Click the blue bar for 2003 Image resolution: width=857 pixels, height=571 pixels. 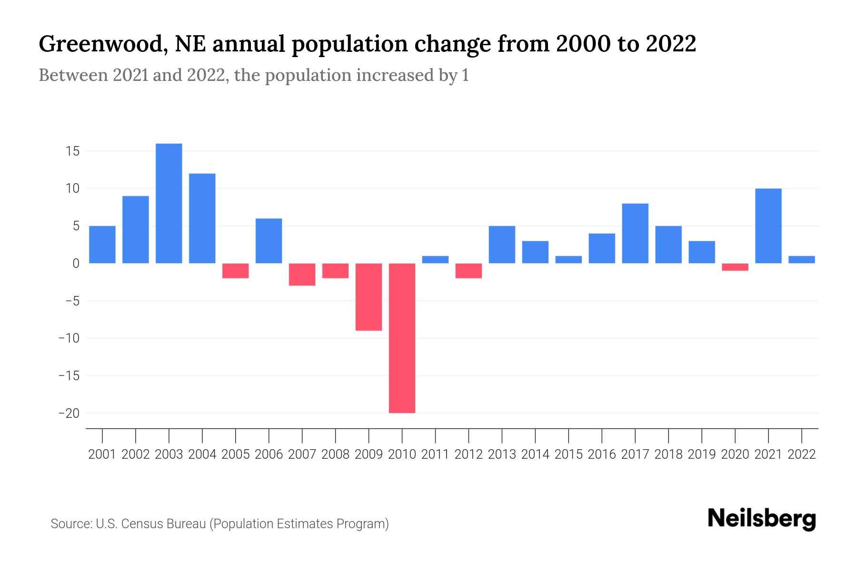pyautogui.click(x=169, y=203)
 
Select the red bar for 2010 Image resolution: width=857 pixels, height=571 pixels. pyautogui.click(x=402, y=338)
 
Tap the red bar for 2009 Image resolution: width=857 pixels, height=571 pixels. pyautogui.click(x=369, y=297)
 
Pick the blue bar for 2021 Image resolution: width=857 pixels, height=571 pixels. pyautogui.click(x=768, y=226)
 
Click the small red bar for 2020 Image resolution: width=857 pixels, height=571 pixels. pyautogui.click(x=735, y=267)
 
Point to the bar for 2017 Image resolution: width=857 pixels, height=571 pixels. pyautogui.click(x=635, y=233)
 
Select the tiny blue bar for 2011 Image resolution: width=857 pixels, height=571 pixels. pyautogui.click(x=435, y=259)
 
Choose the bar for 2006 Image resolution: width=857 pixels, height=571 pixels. pyautogui.click(x=269, y=241)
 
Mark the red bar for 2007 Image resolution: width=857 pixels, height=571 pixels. pyautogui.click(x=302, y=275)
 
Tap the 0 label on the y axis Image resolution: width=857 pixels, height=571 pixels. pyautogui.click(x=75, y=264)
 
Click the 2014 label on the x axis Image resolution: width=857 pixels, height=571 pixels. pyautogui.click(x=535, y=454)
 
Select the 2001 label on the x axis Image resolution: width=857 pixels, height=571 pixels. pyautogui.click(x=102, y=454)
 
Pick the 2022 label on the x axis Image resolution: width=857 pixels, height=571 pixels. pyautogui.click(x=802, y=454)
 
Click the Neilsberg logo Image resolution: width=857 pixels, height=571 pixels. pyautogui.click(x=762, y=519)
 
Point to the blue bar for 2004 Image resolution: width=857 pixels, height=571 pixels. pyautogui.click(x=202, y=218)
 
